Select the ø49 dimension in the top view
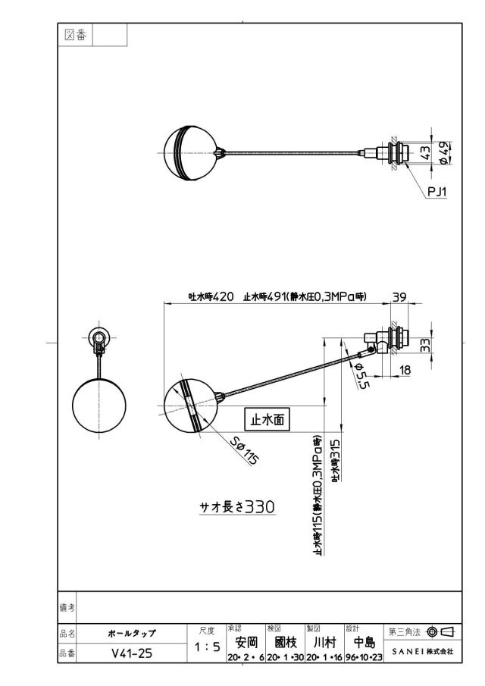pyautogui.click(x=443, y=153)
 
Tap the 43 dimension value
pyautogui.click(x=425, y=153)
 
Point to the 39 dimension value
pyautogui.click(x=399, y=296)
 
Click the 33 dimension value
pyautogui.click(x=425, y=345)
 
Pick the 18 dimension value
pyautogui.click(x=405, y=370)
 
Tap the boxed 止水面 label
pyautogui.click(x=267, y=419)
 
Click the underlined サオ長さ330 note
pyautogui.click(x=237, y=506)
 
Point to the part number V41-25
pyautogui.click(x=132, y=653)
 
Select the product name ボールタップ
pyautogui.click(x=132, y=633)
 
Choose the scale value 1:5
pyautogui.click(x=208, y=647)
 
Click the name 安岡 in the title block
pyautogui.click(x=246, y=642)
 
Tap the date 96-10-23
pyautogui.click(x=364, y=657)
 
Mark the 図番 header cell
pyautogui.click(x=75, y=35)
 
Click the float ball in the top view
pyautogui.click(x=189, y=152)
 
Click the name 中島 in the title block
pyautogui.click(x=365, y=642)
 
